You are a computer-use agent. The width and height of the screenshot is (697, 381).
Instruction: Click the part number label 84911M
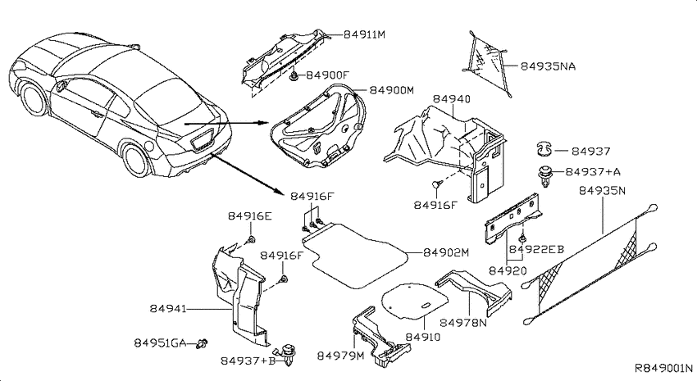364,34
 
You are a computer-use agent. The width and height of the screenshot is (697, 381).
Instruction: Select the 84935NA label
548,66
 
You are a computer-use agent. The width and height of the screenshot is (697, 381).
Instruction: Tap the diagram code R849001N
663,368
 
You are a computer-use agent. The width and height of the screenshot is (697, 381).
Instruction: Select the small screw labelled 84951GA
203,343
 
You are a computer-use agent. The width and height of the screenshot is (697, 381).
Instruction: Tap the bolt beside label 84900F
294,76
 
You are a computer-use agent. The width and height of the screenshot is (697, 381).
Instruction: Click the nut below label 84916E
251,240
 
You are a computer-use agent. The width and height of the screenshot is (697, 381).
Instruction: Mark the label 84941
167,309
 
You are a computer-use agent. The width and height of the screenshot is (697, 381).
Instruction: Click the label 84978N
463,322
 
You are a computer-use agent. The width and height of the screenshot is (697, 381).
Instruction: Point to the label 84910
423,337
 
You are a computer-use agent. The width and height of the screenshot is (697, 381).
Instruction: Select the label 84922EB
536,250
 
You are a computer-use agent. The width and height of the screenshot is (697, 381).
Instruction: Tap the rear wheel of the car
137,160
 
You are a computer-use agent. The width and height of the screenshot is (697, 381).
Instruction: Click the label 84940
452,99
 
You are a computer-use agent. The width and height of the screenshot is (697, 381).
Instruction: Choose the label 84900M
392,90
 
